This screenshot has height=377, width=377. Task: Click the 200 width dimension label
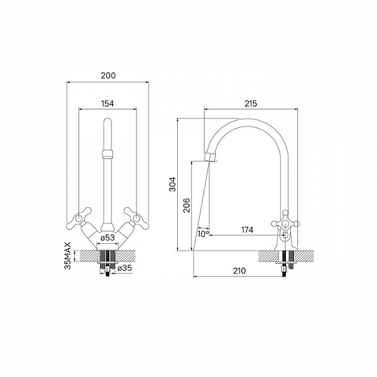pos(108,75)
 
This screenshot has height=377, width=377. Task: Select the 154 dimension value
pos(107,104)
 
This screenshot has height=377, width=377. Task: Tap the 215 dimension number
pos(251,104)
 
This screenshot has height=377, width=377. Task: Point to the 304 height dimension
pos(173,184)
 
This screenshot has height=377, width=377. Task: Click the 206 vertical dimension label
pos(187,205)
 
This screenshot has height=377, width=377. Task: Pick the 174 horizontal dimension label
pos(247,230)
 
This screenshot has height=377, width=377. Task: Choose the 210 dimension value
pos(239,271)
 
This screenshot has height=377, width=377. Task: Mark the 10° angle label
pos(204,234)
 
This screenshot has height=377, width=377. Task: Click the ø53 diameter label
pos(107,238)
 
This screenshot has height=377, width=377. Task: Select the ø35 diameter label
pos(125,268)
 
